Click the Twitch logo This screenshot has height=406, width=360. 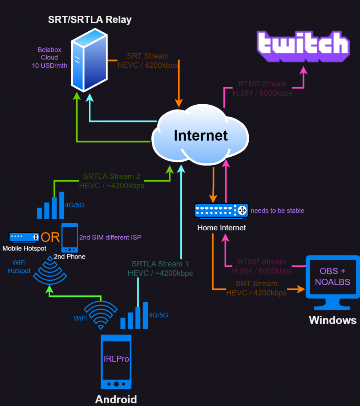point(303,44)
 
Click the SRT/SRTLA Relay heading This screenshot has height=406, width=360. point(90,19)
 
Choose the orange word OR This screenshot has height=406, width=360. point(50,237)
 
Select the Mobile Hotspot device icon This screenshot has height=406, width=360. point(25,237)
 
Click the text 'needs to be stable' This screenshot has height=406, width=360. point(277,211)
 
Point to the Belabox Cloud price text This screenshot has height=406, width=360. point(50,57)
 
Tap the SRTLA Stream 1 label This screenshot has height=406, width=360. point(160,268)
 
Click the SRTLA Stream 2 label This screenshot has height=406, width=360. point(112,181)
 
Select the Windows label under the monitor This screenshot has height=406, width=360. point(332,320)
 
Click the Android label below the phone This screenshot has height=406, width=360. point(116,399)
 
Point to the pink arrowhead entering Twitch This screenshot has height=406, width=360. point(303,70)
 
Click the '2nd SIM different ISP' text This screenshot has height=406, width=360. point(110,237)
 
